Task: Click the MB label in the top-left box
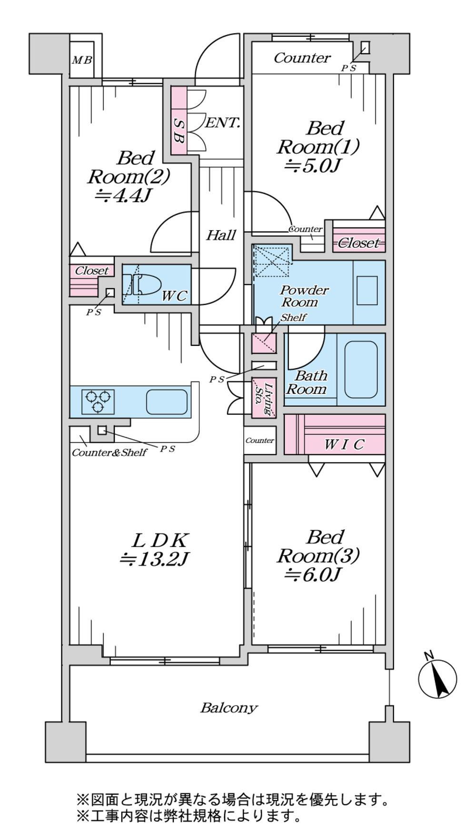(x=82, y=61)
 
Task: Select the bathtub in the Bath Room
(x=360, y=370)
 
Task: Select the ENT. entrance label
(x=222, y=123)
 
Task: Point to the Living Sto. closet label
(x=264, y=397)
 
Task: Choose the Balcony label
(x=228, y=707)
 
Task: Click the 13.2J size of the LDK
(x=155, y=559)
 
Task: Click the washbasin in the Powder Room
(x=367, y=291)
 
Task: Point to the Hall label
(x=221, y=235)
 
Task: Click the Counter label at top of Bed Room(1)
(x=302, y=58)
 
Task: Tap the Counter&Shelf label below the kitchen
(x=109, y=453)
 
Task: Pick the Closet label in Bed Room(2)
(x=92, y=271)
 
